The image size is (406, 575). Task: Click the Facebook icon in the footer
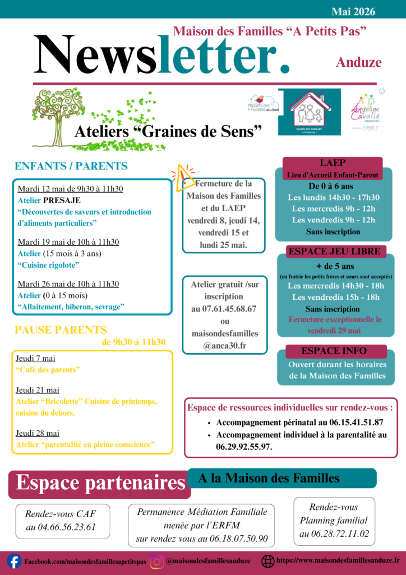[x=14, y=561]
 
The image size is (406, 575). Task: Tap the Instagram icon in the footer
[x=157, y=561]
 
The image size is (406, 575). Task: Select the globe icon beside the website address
[x=268, y=560]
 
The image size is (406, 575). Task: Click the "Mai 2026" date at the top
[x=353, y=12]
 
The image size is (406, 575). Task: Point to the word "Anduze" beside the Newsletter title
[x=359, y=62]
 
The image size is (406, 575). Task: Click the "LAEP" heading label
[x=333, y=163]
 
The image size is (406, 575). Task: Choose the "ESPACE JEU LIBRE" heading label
[x=334, y=251]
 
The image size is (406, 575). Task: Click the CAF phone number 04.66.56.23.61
[x=61, y=527]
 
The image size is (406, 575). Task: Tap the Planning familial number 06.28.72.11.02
[x=334, y=533]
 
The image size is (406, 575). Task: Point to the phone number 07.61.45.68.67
[x=224, y=308]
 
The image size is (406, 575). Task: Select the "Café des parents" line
[x=48, y=369]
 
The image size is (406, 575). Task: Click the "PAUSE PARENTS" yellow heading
[x=61, y=330]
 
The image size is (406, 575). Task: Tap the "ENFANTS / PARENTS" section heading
[x=71, y=166]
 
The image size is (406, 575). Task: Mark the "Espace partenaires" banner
[x=100, y=482]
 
